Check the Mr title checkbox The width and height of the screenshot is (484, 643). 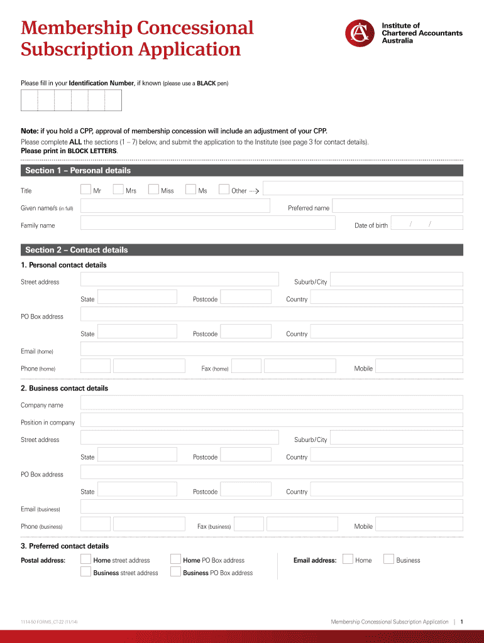tap(86, 189)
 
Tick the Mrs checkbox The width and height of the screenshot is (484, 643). tap(118, 189)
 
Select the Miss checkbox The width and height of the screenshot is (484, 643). tap(153, 189)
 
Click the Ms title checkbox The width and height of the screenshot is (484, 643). tap(191, 189)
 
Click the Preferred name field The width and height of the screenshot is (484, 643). tap(397, 206)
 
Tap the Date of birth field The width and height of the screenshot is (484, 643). tap(427, 223)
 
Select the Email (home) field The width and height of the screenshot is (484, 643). tap(272, 349)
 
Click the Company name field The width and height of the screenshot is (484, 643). tap(272, 403)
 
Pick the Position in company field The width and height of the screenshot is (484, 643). tap(272, 421)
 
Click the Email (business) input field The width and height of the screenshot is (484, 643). tap(272, 507)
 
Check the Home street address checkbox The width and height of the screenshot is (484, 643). tap(86, 559)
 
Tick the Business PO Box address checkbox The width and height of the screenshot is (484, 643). tap(176, 571)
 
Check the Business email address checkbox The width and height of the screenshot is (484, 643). tap(388, 559)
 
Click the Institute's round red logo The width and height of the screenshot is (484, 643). tap(361, 33)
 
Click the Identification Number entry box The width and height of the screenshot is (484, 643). tap(71, 100)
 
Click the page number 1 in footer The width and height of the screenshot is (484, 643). tap(461, 622)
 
